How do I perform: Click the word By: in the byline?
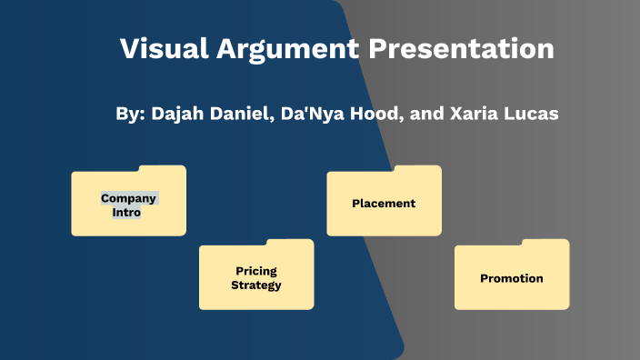click(x=131, y=115)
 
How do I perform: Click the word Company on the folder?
click(x=129, y=197)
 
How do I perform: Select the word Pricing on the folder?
click(x=256, y=271)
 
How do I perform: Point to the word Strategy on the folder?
click(x=256, y=285)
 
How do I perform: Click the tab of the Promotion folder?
click(x=545, y=243)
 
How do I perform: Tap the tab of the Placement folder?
click(x=417, y=169)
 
